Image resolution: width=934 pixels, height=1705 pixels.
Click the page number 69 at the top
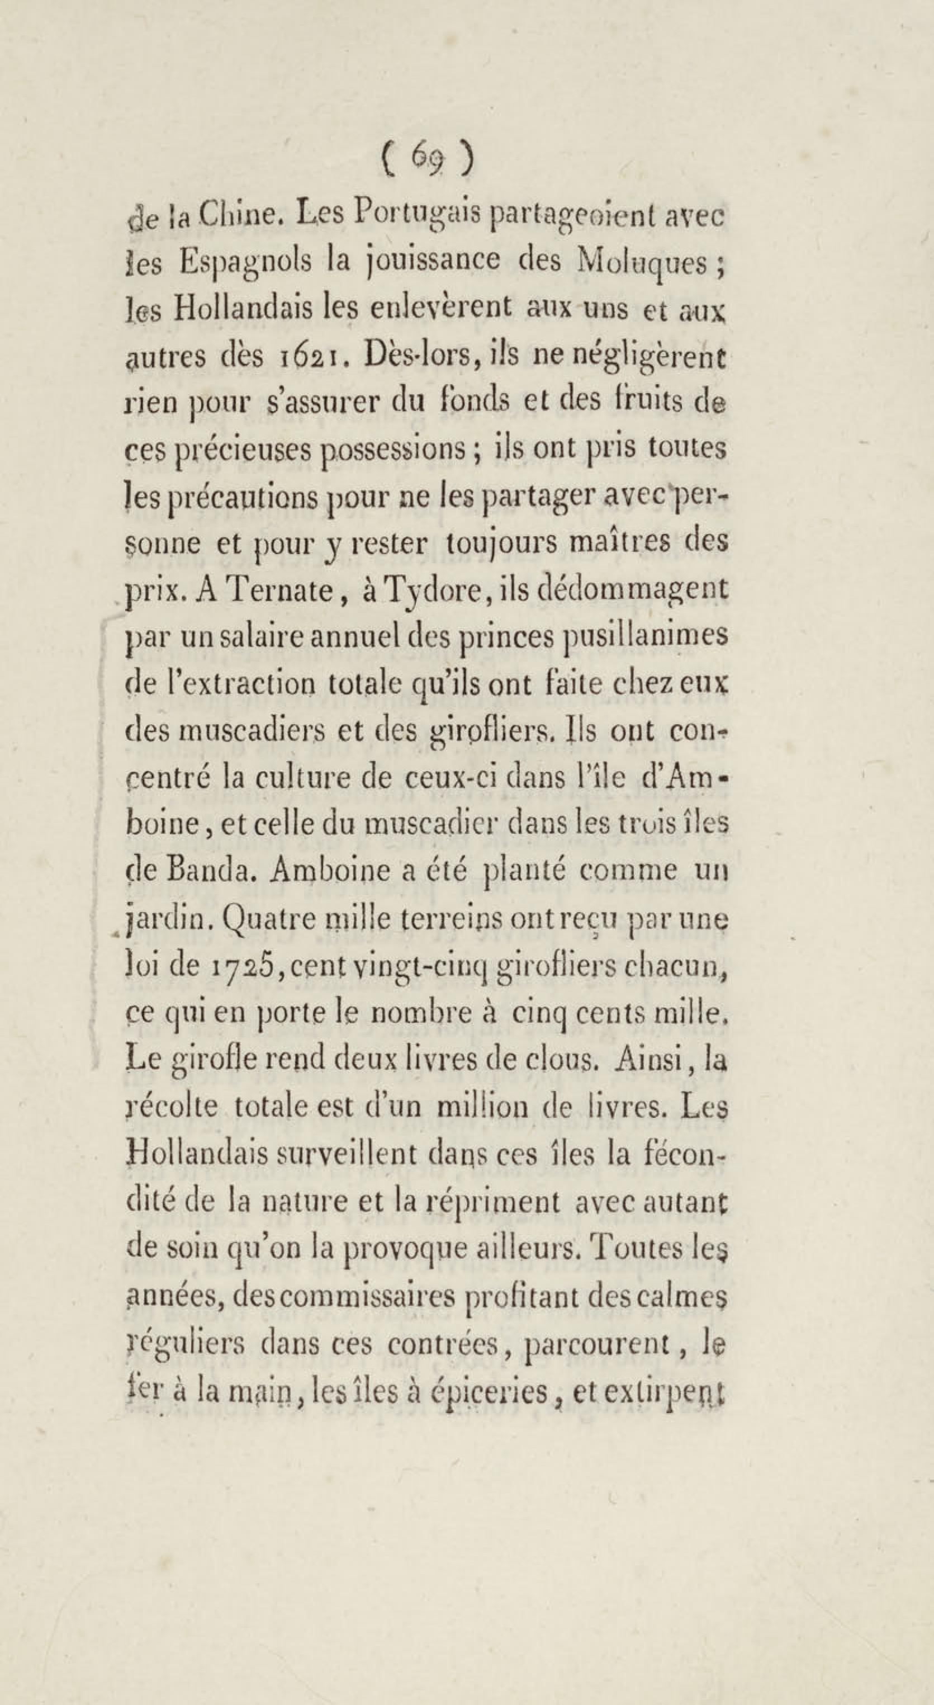point(426,159)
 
